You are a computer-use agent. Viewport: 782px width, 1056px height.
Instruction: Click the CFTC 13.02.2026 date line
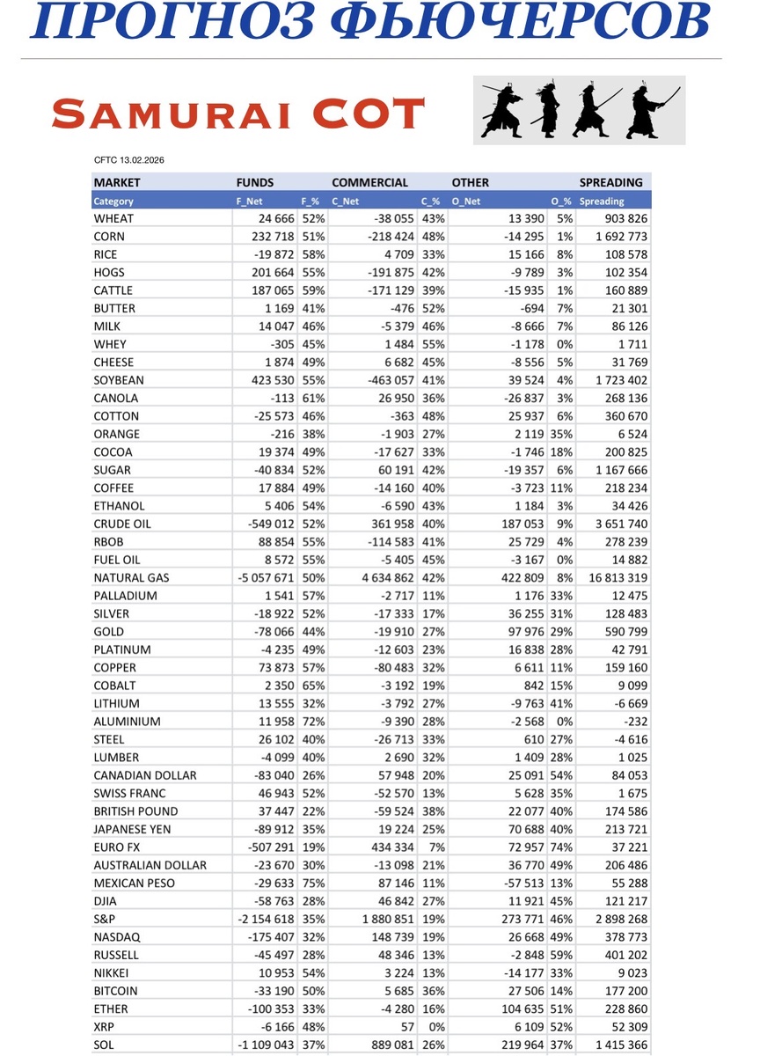[x=128, y=161]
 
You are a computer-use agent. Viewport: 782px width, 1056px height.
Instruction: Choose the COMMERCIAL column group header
[x=369, y=183]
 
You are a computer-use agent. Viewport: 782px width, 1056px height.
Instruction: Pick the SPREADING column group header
[x=610, y=183]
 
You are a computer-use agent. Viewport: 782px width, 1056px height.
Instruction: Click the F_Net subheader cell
[x=251, y=202]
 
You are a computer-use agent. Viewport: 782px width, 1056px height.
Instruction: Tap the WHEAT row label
[x=113, y=218]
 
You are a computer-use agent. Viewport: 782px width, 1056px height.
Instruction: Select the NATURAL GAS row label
[x=132, y=578]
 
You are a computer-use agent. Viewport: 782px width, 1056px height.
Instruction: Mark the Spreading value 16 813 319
[x=613, y=578]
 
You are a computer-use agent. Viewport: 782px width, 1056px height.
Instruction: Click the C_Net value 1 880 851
[x=383, y=919]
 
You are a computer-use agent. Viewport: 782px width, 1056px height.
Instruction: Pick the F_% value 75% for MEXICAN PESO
[x=313, y=883]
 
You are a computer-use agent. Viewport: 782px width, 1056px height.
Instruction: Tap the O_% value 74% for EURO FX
[x=561, y=847]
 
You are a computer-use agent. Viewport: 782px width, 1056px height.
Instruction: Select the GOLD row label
[x=109, y=632]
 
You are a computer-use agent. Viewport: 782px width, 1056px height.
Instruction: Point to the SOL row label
[x=105, y=1045]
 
